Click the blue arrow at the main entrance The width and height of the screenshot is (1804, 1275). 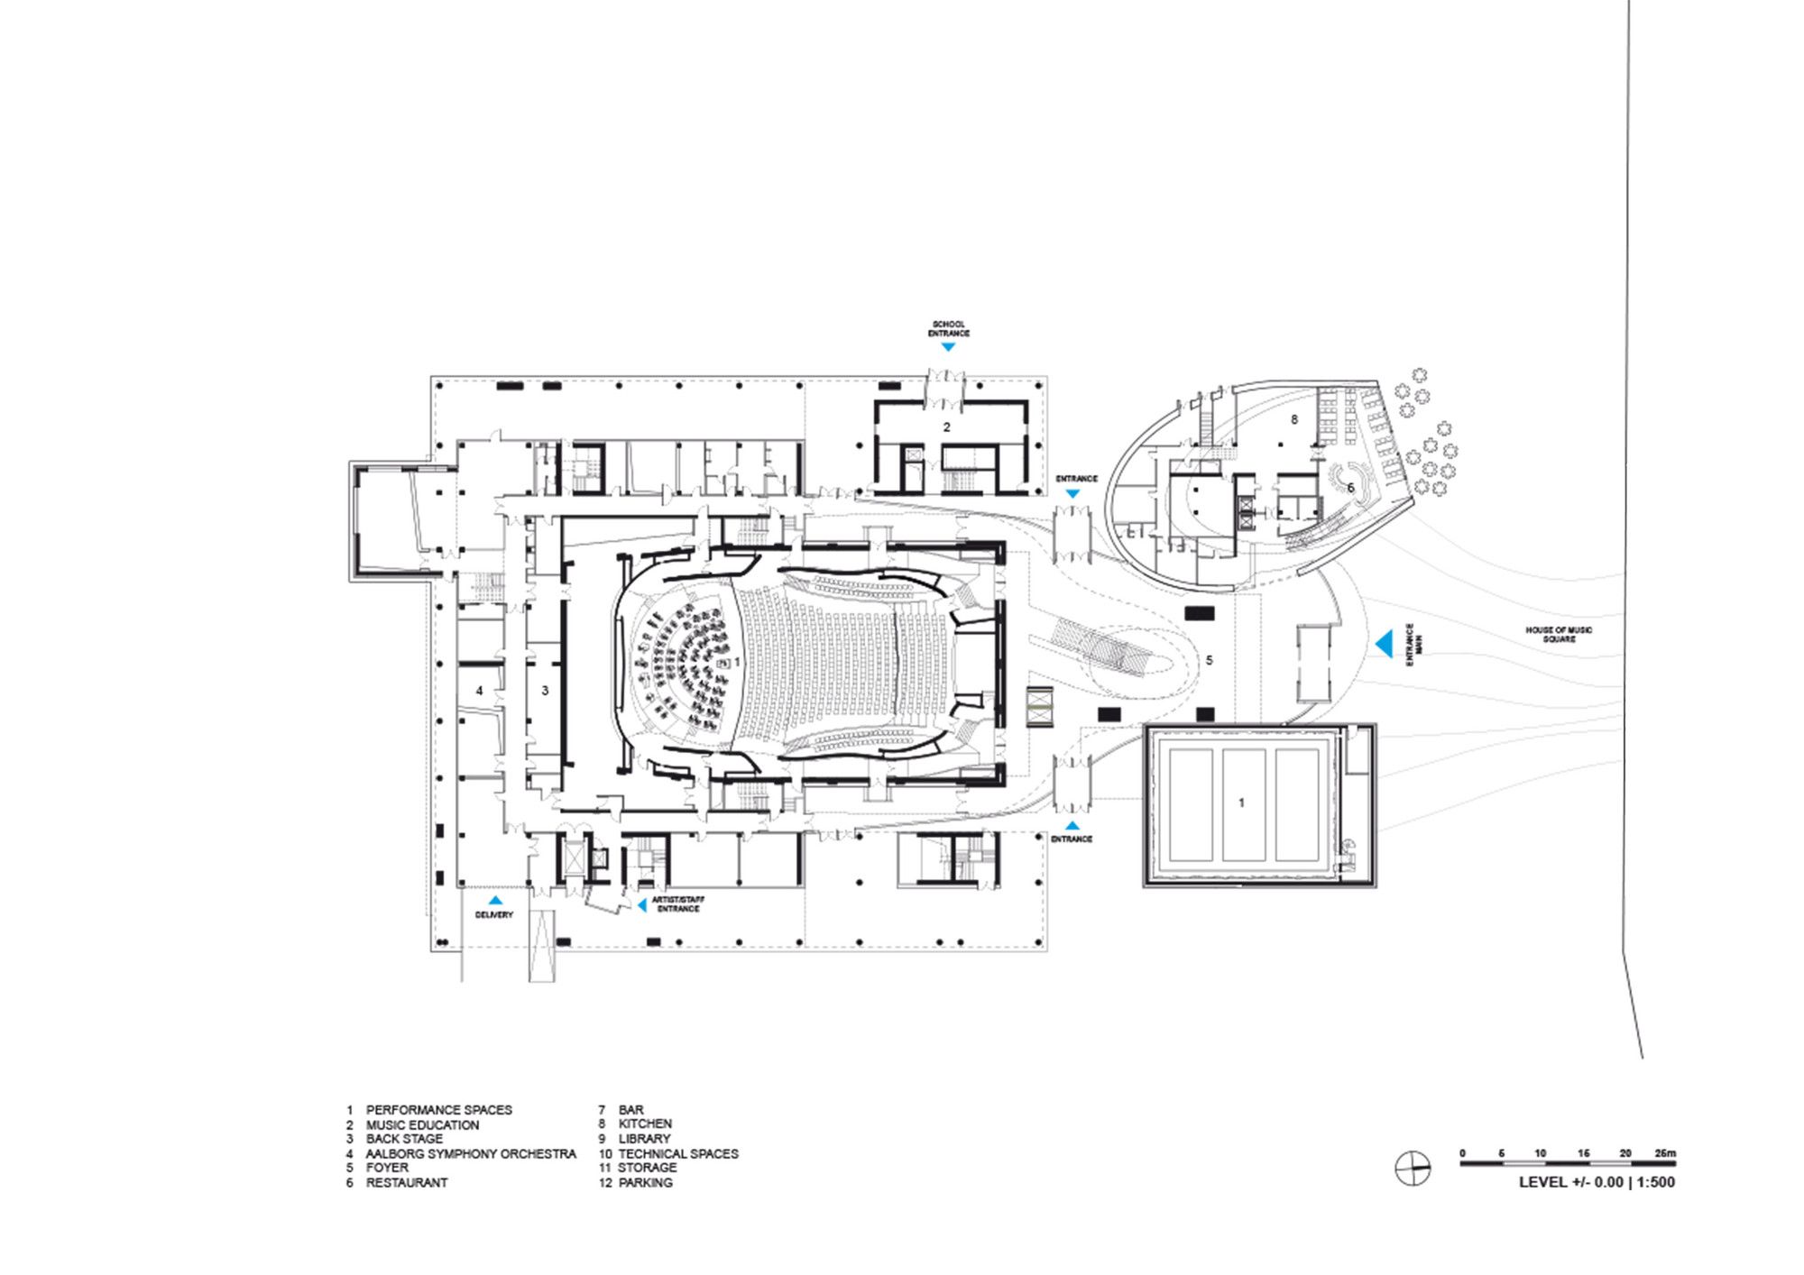1384,643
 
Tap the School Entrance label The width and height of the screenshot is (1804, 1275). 948,329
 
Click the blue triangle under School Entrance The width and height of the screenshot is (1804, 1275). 948,346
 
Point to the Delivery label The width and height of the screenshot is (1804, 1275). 493,914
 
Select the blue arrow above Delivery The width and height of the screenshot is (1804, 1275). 495,900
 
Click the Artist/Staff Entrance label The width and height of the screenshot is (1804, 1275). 678,904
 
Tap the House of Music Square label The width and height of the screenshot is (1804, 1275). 1559,634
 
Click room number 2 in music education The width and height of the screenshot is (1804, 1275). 946,427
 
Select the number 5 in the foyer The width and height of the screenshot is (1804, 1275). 1210,660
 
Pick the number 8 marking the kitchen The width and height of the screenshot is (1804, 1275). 1294,419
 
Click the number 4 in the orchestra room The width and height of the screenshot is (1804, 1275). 479,691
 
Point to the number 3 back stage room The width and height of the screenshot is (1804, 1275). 545,691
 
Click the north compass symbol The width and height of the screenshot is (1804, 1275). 1413,1170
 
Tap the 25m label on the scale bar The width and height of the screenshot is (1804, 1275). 1665,1153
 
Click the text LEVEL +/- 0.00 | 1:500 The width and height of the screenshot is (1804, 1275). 1597,1182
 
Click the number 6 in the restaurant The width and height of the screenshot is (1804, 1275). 1350,488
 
